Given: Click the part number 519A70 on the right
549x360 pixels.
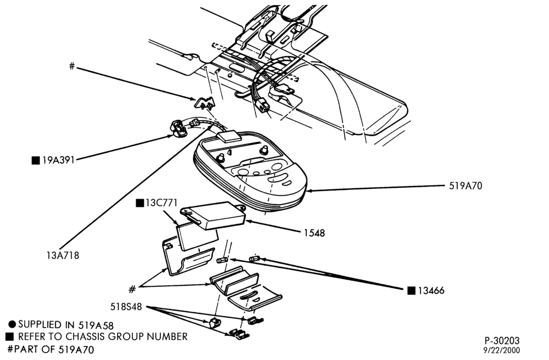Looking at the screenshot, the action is (466, 186).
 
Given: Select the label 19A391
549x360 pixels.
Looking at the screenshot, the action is (58, 161).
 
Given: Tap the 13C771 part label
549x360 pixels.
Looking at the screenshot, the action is (161, 203).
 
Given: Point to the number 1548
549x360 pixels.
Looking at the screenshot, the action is (314, 233).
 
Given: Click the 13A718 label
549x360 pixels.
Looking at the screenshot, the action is (63, 255).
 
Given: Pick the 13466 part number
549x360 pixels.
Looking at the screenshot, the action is (430, 291).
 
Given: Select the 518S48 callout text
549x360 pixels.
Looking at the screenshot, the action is (126, 307).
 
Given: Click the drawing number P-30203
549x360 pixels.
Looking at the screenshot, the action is (502, 340).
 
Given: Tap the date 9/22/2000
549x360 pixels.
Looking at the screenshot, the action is (502, 350).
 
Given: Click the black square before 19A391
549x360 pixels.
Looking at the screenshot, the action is (35, 161).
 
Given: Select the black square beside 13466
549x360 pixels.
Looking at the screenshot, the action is (411, 291).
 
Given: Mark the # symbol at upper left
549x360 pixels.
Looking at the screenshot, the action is (72, 66).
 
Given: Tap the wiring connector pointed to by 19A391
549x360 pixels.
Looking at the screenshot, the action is (178, 129).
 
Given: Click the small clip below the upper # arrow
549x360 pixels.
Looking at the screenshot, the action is (204, 103).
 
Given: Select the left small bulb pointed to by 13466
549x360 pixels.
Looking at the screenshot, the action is (222, 260).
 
